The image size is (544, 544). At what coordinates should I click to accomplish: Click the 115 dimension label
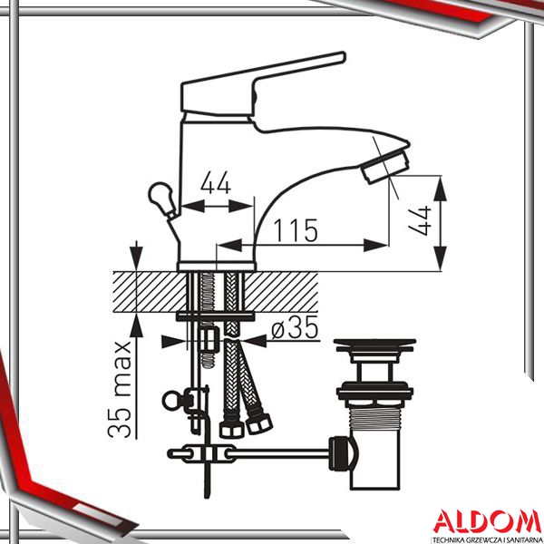tap(296, 230)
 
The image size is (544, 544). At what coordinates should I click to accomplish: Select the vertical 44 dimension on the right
tap(420, 221)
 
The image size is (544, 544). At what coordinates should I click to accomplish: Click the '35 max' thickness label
tap(119, 390)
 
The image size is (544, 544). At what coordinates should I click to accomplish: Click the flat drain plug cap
tap(374, 344)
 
